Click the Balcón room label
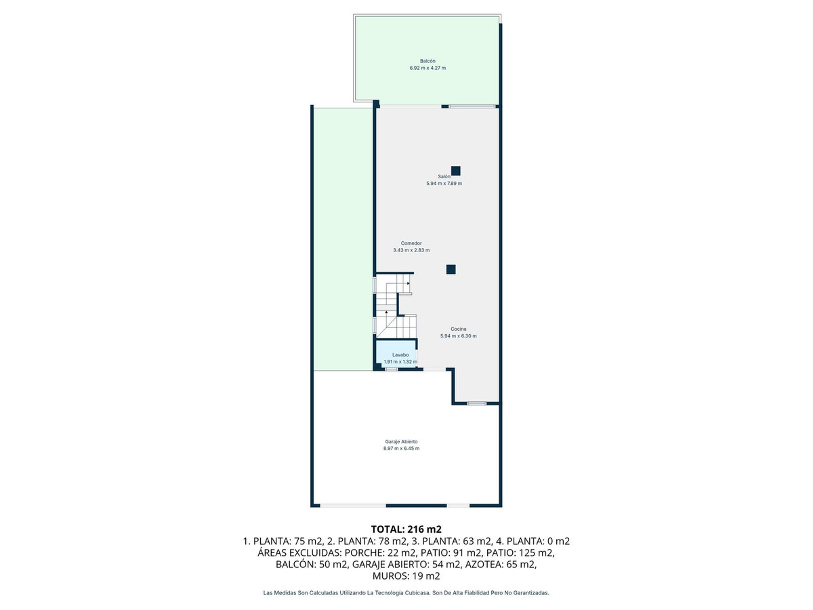point(427,61)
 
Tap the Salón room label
point(444,176)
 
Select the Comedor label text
point(411,243)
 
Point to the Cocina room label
point(459,329)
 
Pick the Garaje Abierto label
point(402,441)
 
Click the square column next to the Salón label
point(456,171)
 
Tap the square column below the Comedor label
point(451,269)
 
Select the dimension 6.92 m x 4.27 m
point(427,68)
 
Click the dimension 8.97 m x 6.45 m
point(402,449)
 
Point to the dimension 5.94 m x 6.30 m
point(459,336)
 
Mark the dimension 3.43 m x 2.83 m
point(411,250)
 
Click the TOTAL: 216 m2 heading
point(406,529)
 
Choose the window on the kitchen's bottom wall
point(476,403)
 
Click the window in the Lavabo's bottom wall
point(391,369)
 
